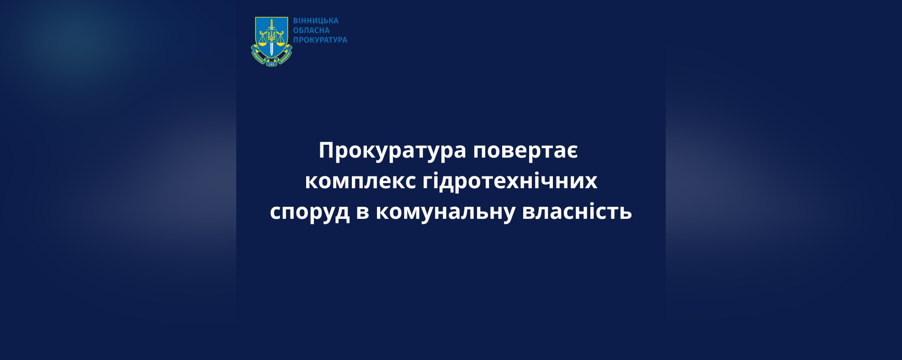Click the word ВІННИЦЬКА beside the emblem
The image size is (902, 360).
pos(316,21)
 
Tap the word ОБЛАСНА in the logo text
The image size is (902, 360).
pos(311,31)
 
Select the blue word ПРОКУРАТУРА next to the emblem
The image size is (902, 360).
pos(320,40)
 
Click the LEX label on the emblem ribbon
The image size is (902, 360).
pos(271,64)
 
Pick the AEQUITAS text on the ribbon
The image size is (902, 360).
pos(259,58)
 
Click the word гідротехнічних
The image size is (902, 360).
pos(510,180)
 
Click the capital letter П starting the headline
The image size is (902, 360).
pos(327,150)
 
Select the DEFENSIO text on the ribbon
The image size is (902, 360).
pos(284,58)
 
